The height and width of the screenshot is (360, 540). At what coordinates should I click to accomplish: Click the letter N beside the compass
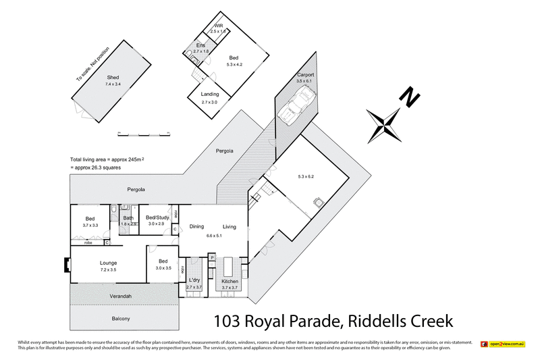[409, 98]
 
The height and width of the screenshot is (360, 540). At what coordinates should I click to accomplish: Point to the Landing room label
[210, 95]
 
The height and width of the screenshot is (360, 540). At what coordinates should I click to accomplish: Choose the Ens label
[200, 45]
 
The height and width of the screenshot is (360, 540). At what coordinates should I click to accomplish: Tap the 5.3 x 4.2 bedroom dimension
[234, 64]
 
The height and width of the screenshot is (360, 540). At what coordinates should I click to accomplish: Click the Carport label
[305, 74]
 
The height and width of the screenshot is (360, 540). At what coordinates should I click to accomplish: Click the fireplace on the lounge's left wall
[66, 265]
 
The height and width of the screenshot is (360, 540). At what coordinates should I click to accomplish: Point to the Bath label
[128, 217]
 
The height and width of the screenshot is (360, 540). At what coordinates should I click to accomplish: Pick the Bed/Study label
[157, 217]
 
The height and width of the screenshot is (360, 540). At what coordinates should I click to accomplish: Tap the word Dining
[196, 227]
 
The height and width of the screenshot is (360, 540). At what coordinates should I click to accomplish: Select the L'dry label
[194, 280]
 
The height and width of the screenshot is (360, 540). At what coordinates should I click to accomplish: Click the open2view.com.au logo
[503, 344]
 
